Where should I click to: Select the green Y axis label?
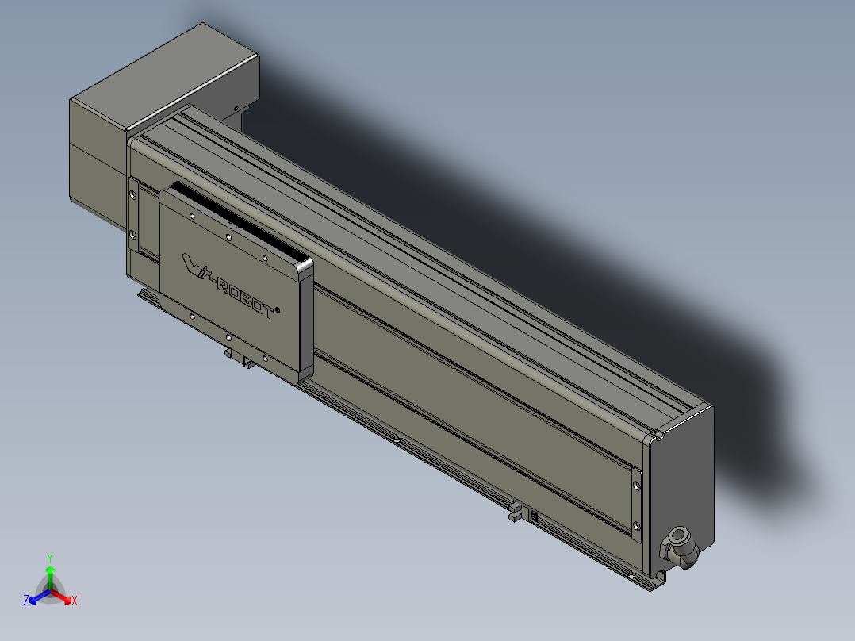coord(50,557)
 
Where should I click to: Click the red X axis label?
coord(75,601)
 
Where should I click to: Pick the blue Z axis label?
coord(26,601)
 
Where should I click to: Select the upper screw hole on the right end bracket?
coord(638,483)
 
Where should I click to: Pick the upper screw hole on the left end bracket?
coord(132,194)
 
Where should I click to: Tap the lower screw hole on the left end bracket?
coord(132,235)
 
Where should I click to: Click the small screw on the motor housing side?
coord(236,109)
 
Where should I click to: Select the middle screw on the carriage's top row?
coord(228,236)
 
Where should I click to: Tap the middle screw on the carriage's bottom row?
coord(228,338)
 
